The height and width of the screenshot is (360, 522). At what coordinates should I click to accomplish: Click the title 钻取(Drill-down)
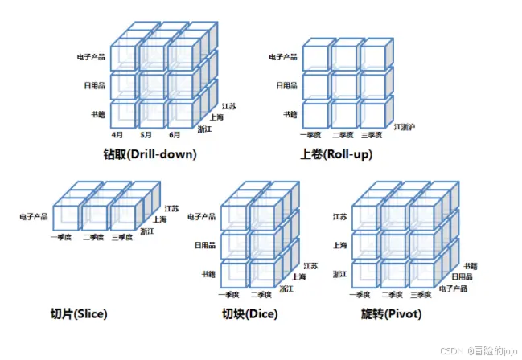[150, 153]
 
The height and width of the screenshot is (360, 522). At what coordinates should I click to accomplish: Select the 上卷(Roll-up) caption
[335, 153]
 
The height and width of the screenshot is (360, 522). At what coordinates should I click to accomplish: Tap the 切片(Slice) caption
[78, 313]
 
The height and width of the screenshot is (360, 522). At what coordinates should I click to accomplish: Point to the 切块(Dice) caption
[250, 313]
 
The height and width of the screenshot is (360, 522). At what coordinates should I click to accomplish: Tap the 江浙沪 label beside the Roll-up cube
[405, 126]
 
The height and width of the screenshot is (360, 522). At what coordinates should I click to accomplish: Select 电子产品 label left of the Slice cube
[35, 216]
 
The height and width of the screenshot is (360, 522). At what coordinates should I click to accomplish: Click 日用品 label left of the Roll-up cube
[286, 85]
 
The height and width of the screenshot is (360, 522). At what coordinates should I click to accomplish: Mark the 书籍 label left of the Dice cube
[208, 274]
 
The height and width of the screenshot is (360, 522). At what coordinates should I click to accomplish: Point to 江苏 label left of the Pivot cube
[340, 216]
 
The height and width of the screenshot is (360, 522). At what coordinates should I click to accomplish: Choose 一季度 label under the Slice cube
[63, 237]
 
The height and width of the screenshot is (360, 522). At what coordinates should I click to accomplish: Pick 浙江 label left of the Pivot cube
[340, 274]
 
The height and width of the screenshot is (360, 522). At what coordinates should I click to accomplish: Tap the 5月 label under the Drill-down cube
[146, 135]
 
